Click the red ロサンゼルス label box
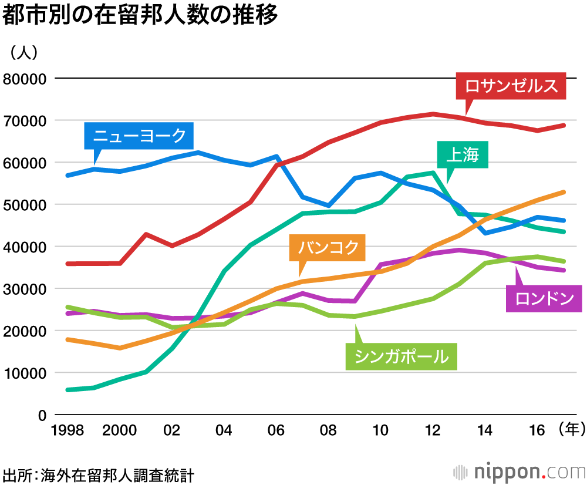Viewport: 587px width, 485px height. click(511, 86)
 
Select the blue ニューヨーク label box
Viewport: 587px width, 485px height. click(139, 136)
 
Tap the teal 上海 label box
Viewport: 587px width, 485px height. click(463, 154)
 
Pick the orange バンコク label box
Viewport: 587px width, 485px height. click(328, 248)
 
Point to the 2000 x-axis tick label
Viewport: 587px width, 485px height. click(120, 430)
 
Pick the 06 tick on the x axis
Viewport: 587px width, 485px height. click(276, 430)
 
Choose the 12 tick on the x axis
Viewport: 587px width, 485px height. click(433, 430)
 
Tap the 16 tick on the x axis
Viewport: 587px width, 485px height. click(537, 430)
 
